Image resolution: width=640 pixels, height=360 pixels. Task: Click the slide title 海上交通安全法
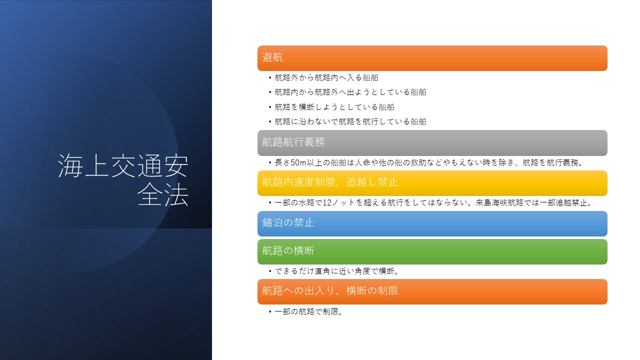tap(123, 179)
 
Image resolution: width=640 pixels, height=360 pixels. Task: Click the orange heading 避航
tap(272, 57)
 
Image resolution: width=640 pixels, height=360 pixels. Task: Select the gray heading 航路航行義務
tap(293, 142)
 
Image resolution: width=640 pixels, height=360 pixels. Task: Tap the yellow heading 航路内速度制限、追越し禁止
tap(330, 182)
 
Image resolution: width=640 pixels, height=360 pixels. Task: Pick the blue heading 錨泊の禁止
tap(288, 222)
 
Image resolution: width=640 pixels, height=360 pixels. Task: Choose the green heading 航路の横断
tap(288, 250)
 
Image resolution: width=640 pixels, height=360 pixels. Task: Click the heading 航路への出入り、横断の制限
tap(330, 291)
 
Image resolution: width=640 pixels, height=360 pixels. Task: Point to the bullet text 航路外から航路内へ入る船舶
tap(326, 77)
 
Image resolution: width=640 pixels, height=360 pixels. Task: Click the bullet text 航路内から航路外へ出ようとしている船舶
tap(350, 92)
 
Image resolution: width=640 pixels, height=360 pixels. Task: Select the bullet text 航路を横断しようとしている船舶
tap(334, 107)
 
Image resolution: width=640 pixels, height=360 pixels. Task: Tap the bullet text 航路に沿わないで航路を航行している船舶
tap(350, 121)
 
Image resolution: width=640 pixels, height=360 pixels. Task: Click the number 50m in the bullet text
tap(298, 162)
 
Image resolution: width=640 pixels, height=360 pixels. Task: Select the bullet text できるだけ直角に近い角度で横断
tap(335, 271)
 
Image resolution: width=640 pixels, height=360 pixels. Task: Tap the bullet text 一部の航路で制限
tap(306, 311)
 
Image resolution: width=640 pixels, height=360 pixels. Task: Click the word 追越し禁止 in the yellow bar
tap(372, 182)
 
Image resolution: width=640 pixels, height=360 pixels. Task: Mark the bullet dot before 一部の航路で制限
tap(270, 311)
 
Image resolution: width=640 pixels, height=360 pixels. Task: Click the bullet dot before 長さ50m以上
tap(270, 163)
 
